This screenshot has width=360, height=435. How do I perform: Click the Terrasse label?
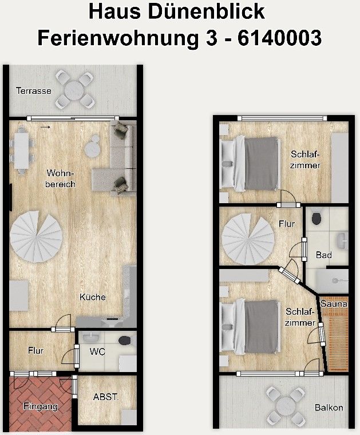point(34,91)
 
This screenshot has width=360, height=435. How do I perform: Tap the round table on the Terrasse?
point(74,90)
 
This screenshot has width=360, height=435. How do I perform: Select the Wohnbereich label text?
point(60,179)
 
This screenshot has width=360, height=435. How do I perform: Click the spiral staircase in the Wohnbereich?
point(36,236)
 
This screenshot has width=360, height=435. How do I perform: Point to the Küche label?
point(92,297)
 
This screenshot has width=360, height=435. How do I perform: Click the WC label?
point(97,352)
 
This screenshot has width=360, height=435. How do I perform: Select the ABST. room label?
point(106,397)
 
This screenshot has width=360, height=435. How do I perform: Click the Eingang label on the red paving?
point(41,407)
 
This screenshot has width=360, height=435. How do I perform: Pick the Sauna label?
point(334,304)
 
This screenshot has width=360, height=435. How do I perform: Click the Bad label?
point(324,255)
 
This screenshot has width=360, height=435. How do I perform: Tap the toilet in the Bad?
point(317,219)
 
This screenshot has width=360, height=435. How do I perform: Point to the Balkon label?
point(329,408)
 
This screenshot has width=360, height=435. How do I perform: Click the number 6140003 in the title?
point(279,38)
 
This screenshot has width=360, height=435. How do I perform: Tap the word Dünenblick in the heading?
point(207,11)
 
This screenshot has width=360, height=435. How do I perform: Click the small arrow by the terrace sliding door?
point(45,127)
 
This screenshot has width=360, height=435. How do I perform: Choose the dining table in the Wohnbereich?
point(21,151)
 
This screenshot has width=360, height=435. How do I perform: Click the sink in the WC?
point(91,337)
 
